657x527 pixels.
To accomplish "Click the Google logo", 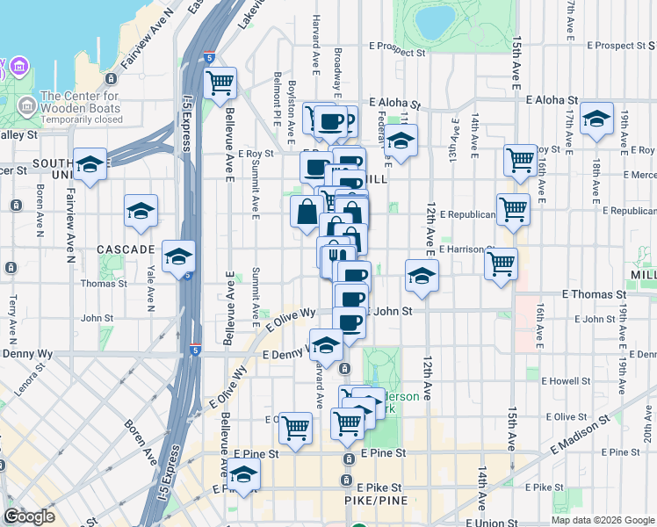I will tap(29, 516).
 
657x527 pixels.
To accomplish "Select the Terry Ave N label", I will tap(12, 314).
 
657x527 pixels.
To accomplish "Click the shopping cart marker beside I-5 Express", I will tap(220, 83).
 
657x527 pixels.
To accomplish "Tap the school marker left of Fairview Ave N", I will tap(90, 163).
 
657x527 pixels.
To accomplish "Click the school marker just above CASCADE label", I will tap(141, 210).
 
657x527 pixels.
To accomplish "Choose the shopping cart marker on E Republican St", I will tap(513, 209).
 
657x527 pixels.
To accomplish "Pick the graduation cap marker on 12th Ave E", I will tap(422, 275).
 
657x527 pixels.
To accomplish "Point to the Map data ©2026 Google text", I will tap(603, 520).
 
